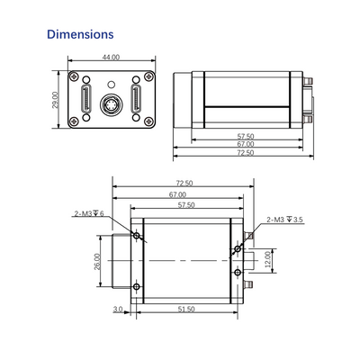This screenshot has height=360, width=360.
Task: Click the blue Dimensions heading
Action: click(x=80, y=34)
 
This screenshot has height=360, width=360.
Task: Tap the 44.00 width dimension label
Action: click(x=111, y=58)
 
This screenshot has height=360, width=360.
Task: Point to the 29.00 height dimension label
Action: click(x=55, y=100)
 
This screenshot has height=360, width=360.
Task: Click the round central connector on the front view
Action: click(x=111, y=105)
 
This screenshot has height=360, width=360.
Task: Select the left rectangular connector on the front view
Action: click(x=86, y=99)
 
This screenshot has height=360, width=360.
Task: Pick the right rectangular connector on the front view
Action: click(x=136, y=99)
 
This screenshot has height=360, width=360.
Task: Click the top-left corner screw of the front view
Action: click(x=74, y=76)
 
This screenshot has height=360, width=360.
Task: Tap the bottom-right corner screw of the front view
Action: click(x=148, y=121)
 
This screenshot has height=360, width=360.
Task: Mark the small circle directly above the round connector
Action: click(x=111, y=85)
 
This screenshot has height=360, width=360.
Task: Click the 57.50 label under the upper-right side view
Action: click(x=246, y=137)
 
